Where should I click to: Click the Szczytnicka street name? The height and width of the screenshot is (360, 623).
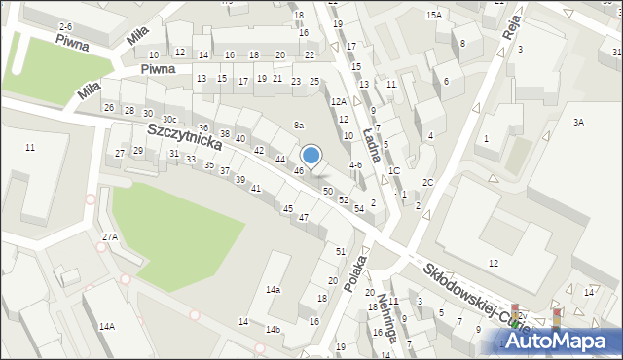tap(185, 134)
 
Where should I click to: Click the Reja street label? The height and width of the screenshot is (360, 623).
tap(511, 29)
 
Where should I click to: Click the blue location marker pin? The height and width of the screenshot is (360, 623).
tap(311, 156)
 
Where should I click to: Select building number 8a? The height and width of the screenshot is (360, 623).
tap(299, 126)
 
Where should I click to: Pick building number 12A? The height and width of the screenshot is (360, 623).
tap(338, 101)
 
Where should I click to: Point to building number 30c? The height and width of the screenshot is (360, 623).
tap(169, 119)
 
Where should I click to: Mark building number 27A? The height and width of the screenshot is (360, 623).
tap(110, 236)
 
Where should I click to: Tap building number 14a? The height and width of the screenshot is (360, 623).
tap(274, 290)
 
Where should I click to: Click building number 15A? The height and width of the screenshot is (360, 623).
tap(433, 16)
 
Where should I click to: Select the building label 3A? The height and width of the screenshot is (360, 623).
tap(578, 122)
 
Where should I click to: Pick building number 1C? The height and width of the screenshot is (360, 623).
tap(393, 171)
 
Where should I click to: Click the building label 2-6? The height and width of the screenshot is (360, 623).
tap(65, 25)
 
